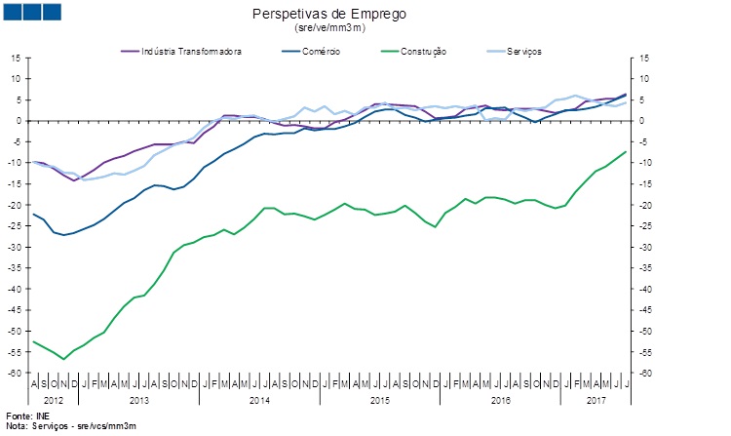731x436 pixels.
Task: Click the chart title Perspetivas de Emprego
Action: coord(328,15)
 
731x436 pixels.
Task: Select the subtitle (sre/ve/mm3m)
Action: coord(329,28)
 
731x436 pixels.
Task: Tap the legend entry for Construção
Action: coord(418,51)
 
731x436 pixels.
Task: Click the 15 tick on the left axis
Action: coord(16,59)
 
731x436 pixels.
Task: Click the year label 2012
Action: coord(54,400)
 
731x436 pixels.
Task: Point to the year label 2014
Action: coord(258,400)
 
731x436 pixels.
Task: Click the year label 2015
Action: coord(379,400)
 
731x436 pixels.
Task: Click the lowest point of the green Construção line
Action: coord(64,359)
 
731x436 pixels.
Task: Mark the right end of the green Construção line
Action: coord(625,152)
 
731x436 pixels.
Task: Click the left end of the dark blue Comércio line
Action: coord(34,215)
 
